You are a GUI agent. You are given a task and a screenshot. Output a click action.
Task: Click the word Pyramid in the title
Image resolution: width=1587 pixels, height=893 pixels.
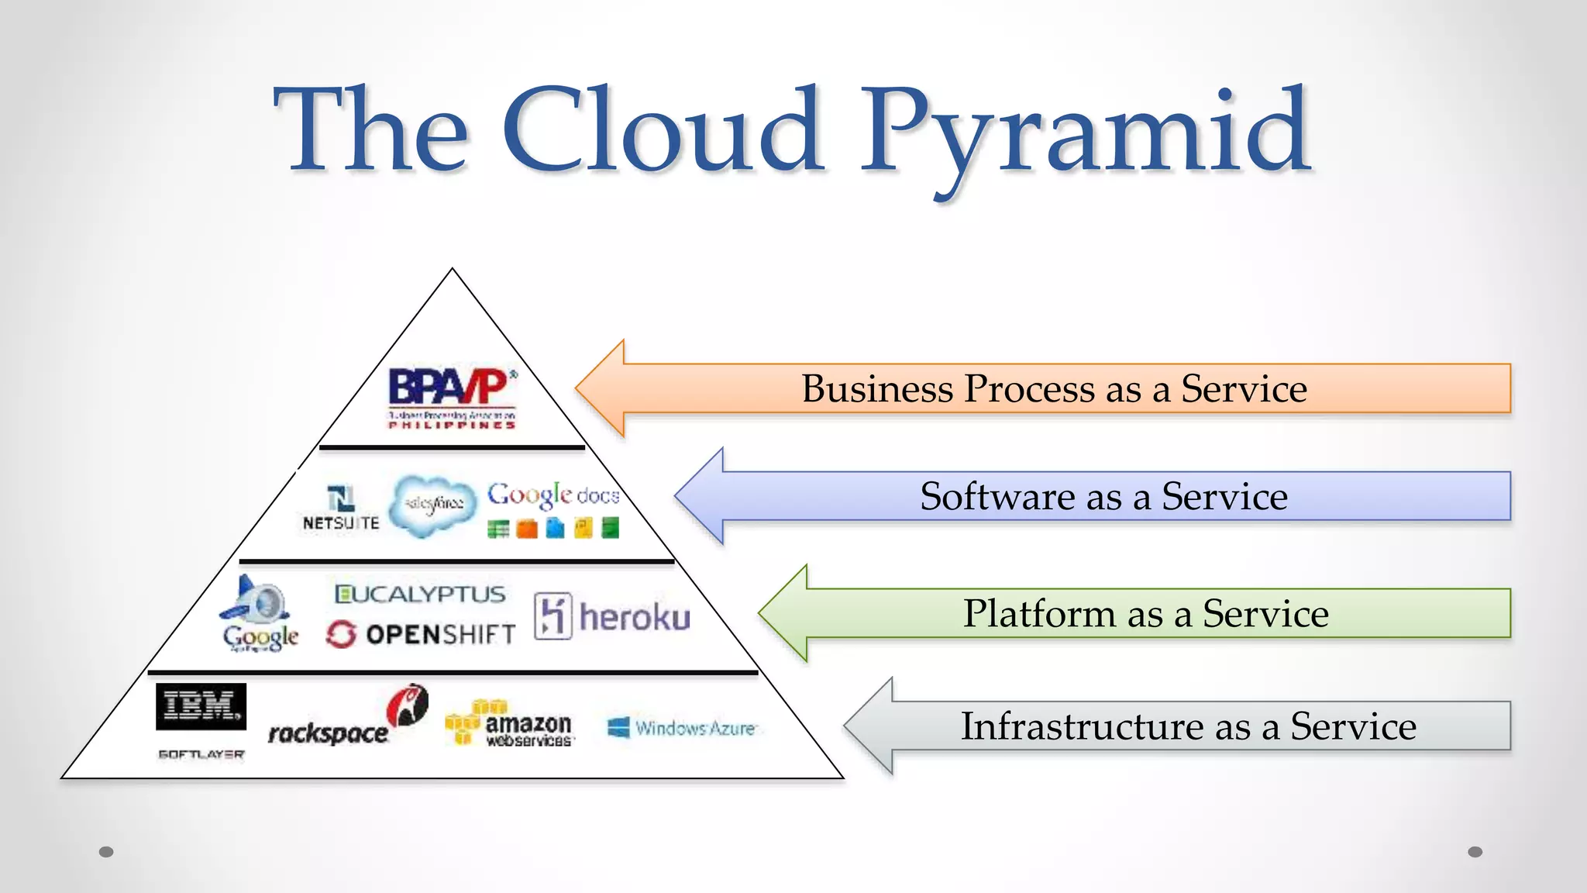[x=1085, y=132]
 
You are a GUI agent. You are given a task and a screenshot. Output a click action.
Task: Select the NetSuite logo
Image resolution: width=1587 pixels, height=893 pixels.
[x=341, y=509]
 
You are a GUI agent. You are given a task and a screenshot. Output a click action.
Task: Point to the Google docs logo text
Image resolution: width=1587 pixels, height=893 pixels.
[x=553, y=495]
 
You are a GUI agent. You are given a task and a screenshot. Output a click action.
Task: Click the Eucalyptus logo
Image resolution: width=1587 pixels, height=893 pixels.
[x=419, y=595]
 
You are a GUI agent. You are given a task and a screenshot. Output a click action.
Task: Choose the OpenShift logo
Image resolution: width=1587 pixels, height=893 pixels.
[x=421, y=635]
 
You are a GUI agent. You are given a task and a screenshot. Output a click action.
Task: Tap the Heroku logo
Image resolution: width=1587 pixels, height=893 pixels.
[x=612, y=617]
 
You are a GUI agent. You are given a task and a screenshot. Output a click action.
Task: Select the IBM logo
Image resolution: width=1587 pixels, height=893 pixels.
[x=201, y=706]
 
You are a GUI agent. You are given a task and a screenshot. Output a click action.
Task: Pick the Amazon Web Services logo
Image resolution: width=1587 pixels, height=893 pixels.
[x=510, y=724]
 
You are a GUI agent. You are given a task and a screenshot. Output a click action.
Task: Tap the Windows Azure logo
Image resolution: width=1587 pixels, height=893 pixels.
[x=682, y=728]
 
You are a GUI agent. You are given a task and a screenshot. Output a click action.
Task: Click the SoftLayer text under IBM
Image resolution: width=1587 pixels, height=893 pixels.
[x=201, y=754]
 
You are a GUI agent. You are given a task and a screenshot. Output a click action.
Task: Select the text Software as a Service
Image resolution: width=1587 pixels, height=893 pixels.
[x=1103, y=496]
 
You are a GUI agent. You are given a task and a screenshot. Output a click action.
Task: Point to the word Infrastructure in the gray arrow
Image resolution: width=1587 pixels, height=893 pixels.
[x=1080, y=726]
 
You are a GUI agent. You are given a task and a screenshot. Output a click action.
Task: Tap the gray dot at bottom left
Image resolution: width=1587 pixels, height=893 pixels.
[x=107, y=852]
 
